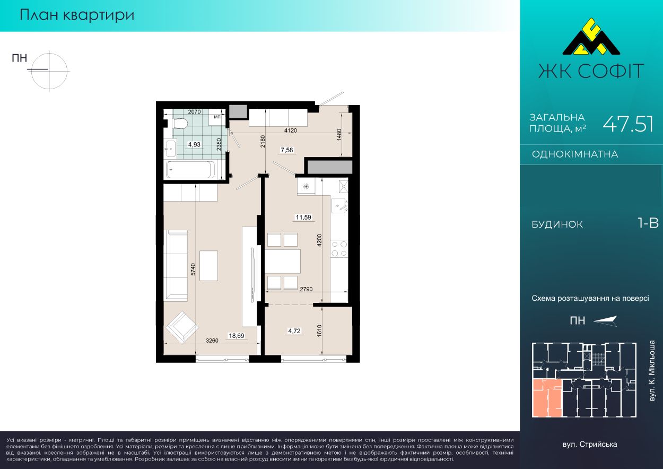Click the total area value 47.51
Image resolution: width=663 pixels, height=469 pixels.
point(628,124)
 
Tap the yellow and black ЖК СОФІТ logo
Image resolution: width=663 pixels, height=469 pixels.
point(591,40)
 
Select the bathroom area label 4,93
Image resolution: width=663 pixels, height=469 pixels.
point(194,144)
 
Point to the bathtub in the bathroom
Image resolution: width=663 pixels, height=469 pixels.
point(190,170)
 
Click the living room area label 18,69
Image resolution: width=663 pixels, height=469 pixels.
point(237,335)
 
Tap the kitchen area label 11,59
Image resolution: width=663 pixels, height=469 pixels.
point(303,218)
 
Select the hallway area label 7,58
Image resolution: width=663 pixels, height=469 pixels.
point(287,150)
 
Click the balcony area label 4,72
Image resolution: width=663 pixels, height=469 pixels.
point(294,331)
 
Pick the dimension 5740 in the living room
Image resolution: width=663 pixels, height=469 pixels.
point(193,270)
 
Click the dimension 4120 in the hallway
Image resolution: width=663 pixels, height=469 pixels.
point(290,131)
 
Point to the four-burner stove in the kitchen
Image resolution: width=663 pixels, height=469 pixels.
point(339,249)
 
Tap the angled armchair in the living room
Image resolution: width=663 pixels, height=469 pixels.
point(182,327)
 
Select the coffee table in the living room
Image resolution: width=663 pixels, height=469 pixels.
point(208,266)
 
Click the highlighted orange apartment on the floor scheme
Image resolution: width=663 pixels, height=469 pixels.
point(547,398)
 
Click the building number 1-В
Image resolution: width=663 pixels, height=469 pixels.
point(648,223)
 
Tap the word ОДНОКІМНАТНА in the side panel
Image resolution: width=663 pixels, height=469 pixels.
point(575,154)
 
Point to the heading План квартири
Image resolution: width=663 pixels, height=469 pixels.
point(77,15)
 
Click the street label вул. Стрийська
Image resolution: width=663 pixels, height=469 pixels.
point(590,445)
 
